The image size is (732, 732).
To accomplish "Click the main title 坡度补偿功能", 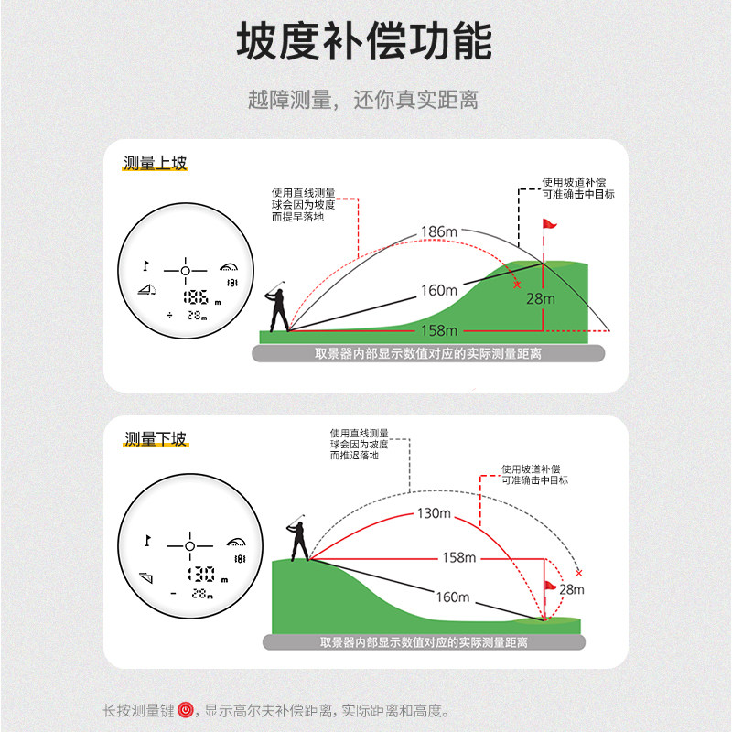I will point(365,42).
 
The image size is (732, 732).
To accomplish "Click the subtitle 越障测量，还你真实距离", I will point(363,100).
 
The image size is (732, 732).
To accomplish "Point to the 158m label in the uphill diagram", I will point(438,330).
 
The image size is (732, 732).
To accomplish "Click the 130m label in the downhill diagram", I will point(434,513).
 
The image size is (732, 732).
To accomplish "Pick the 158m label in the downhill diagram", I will point(458,557).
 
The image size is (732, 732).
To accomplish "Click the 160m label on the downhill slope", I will point(452,597).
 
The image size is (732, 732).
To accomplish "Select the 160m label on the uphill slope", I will point(438,291).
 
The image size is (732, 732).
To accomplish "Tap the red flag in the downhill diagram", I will point(550,586).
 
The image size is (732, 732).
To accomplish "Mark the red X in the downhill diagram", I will point(578,573).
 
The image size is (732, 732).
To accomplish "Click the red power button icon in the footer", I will point(186,710).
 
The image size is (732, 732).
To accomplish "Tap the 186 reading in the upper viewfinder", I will point(196,297).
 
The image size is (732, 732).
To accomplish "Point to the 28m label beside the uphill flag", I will point(542,298).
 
